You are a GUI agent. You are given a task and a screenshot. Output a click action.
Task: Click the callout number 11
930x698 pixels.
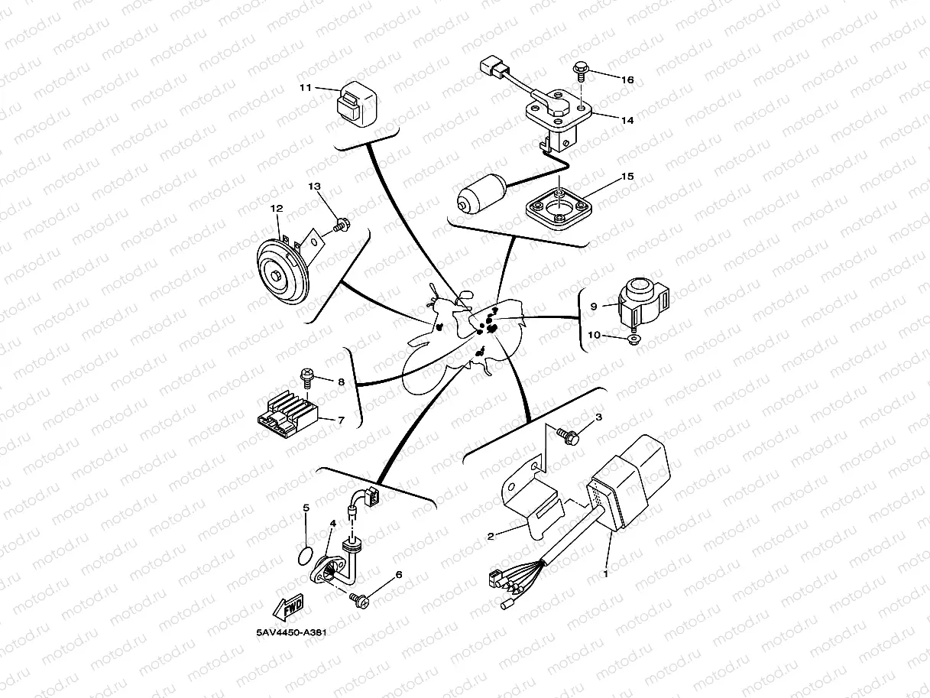[x=306, y=88]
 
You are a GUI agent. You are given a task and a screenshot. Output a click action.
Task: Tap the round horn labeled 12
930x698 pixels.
[x=283, y=271]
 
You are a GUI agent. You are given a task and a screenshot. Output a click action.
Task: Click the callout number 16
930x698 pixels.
[x=627, y=80]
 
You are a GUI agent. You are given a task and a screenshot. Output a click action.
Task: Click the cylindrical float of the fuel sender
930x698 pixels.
[x=481, y=193]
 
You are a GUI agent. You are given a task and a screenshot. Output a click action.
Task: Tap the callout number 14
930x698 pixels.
[x=627, y=120]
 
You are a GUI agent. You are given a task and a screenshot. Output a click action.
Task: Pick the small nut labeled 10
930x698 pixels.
[x=633, y=339]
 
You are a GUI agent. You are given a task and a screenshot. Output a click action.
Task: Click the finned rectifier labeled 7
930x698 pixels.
[x=289, y=414]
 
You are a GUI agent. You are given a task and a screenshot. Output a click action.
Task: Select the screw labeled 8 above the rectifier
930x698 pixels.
[x=306, y=378]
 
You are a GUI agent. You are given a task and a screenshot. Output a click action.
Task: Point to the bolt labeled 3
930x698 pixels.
[x=569, y=436]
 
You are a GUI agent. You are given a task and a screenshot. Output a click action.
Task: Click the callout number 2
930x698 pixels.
[x=491, y=536]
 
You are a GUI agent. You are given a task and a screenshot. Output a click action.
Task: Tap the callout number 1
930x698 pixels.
[x=606, y=574]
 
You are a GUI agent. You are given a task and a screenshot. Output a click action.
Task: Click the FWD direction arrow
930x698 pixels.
[x=288, y=606]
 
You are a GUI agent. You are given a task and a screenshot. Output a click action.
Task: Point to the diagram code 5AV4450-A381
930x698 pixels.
[x=291, y=633]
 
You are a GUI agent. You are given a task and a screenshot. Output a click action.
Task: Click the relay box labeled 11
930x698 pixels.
[x=355, y=104]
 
